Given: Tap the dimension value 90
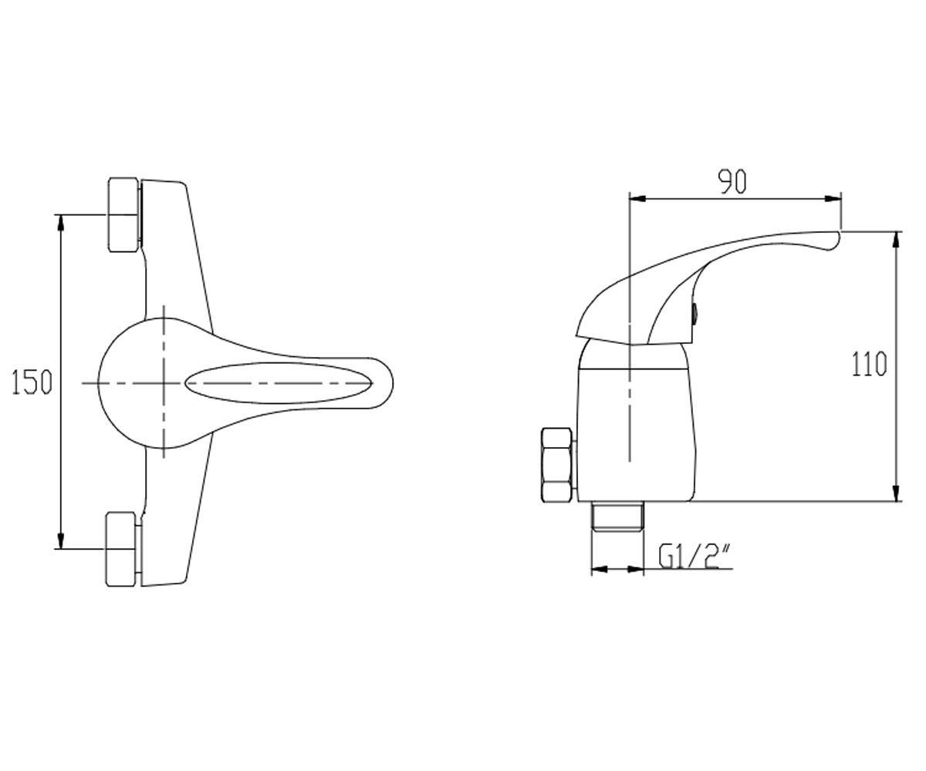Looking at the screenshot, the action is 732,181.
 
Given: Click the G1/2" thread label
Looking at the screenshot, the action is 695,557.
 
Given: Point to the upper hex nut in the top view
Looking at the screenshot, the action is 124,214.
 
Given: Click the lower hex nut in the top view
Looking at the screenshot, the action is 121,550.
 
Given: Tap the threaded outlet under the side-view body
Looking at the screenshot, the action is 617,517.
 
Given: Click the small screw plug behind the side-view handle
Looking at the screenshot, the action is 695,314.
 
